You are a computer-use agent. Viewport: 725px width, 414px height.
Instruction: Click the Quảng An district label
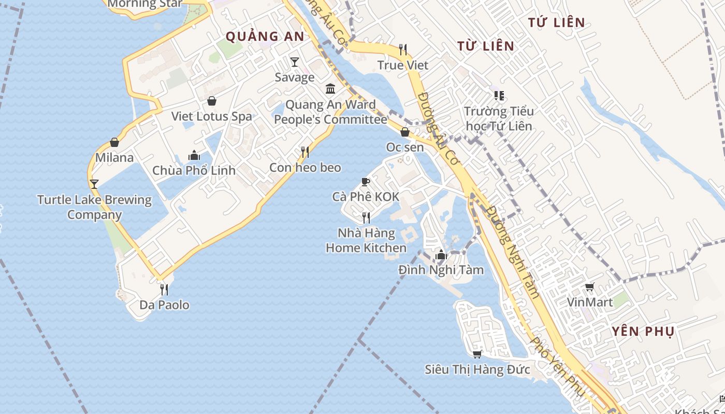pyautogui.click(x=265, y=36)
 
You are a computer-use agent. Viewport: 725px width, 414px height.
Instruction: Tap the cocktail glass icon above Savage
pyautogui.click(x=295, y=62)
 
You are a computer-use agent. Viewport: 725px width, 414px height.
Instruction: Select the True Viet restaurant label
pyautogui.click(x=403, y=65)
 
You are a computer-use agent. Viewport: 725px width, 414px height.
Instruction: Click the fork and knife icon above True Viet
pyautogui.click(x=403, y=50)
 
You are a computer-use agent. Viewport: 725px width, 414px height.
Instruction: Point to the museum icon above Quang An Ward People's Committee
pyautogui.click(x=330, y=88)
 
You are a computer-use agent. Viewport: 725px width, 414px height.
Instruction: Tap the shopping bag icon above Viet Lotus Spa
pyautogui.click(x=211, y=100)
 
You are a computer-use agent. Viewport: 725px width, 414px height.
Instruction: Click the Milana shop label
pyautogui.click(x=114, y=157)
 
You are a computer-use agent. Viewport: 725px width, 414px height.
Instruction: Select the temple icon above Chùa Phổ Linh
pyautogui.click(x=194, y=155)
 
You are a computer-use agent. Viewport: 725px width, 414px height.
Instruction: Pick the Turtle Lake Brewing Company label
pyautogui.click(x=94, y=207)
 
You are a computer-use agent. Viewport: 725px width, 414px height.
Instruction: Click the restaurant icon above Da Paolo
pyautogui.click(x=164, y=289)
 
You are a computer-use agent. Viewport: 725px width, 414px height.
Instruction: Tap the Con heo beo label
pyautogui.click(x=305, y=167)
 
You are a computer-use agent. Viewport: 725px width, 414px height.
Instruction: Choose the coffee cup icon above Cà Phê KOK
pyautogui.click(x=365, y=182)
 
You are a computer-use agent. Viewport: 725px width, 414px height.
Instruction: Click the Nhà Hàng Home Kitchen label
pyautogui.click(x=366, y=241)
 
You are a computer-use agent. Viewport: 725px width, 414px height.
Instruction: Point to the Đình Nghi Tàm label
pyautogui.click(x=441, y=270)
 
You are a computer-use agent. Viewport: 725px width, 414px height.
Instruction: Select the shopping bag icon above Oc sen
pyautogui.click(x=405, y=132)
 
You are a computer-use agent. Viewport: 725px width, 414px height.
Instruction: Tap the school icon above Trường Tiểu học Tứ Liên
pyautogui.click(x=499, y=96)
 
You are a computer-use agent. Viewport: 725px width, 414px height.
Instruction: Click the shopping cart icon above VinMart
pyautogui.click(x=589, y=287)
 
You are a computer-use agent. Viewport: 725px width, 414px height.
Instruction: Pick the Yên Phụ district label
pyautogui.click(x=643, y=332)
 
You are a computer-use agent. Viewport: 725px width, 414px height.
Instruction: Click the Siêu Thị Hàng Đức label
pyautogui.click(x=477, y=369)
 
